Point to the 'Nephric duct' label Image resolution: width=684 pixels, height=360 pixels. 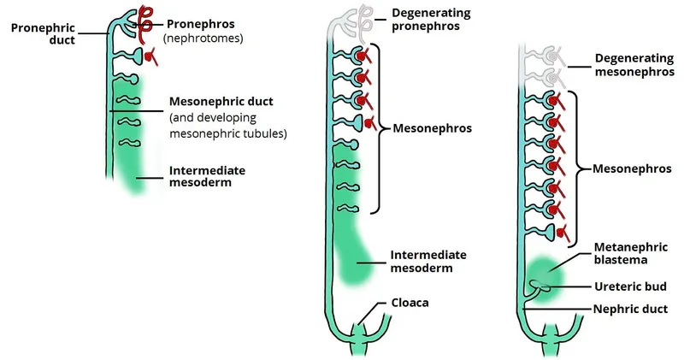(632, 306)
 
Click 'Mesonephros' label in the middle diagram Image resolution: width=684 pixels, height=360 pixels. (432, 129)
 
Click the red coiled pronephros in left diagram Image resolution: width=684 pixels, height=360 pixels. (148, 18)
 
